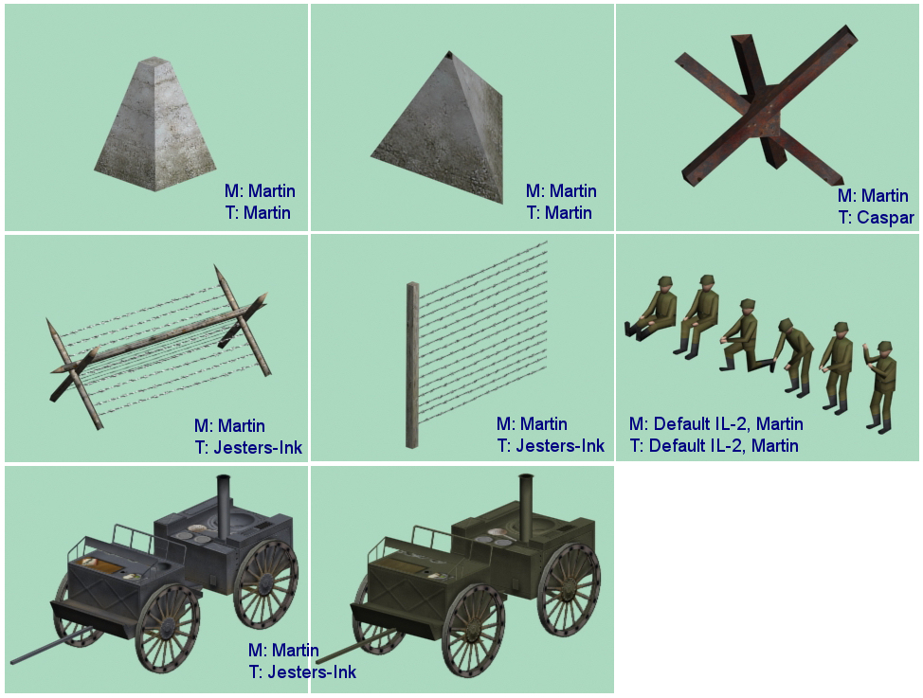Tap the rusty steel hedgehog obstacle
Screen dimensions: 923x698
click(766, 106)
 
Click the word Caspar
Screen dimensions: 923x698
click(885, 217)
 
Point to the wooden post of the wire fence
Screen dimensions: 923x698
click(412, 365)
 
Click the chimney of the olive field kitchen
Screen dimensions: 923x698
click(526, 506)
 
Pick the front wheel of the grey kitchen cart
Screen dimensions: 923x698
click(168, 627)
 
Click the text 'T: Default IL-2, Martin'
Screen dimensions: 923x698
click(714, 445)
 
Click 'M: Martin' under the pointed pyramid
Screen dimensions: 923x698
click(561, 190)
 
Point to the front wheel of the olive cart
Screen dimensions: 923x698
click(473, 630)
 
